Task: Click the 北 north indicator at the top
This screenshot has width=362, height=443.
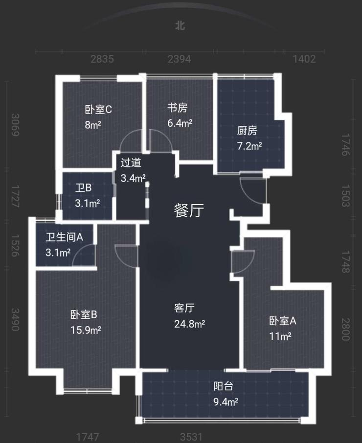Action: [x=180, y=25]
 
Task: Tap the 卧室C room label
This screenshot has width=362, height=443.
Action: [x=98, y=109]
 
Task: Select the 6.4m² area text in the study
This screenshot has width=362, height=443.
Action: [x=180, y=123]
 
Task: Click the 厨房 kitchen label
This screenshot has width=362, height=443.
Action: [x=247, y=131]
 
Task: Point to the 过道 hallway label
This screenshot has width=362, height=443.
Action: [x=131, y=163]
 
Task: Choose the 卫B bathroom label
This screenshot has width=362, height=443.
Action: [x=83, y=188]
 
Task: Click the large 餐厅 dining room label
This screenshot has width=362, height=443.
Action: [x=189, y=210]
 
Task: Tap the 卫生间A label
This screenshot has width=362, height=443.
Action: [x=65, y=237]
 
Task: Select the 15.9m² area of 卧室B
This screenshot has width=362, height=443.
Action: [x=86, y=330]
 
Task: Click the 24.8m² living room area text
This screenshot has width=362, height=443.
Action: [x=189, y=324]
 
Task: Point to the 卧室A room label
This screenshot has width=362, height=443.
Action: [x=283, y=321]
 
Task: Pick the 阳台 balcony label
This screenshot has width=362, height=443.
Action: [x=223, y=386]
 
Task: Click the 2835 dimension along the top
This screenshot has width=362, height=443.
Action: [x=102, y=59]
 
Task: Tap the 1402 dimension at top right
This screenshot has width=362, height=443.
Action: [x=304, y=59]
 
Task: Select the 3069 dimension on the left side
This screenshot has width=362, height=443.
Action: [x=15, y=125]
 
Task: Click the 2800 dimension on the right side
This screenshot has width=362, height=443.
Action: [x=346, y=329]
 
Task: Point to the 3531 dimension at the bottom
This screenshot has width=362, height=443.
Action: [x=191, y=437]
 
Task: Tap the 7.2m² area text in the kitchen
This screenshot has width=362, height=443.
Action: [x=249, y=146]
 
